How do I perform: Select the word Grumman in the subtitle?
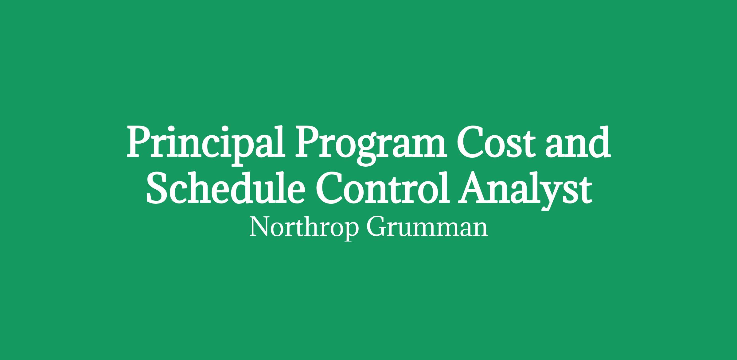point(427,227)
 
